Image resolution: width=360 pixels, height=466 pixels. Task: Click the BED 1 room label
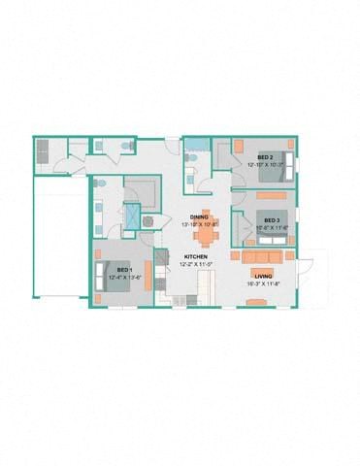point(123,269)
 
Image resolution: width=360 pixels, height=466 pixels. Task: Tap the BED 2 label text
point(264,156)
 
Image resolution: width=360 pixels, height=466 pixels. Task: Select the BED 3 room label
point(272,220)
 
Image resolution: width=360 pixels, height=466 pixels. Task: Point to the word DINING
point(199,216)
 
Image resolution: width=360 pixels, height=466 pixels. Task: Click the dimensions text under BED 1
point(123,277)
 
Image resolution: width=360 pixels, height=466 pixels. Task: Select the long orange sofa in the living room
point(262,256)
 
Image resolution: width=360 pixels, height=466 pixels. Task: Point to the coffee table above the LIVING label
point(262,268)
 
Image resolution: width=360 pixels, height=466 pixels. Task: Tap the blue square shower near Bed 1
point(130,218)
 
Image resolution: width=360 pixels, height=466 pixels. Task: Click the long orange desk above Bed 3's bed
point(270,191)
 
